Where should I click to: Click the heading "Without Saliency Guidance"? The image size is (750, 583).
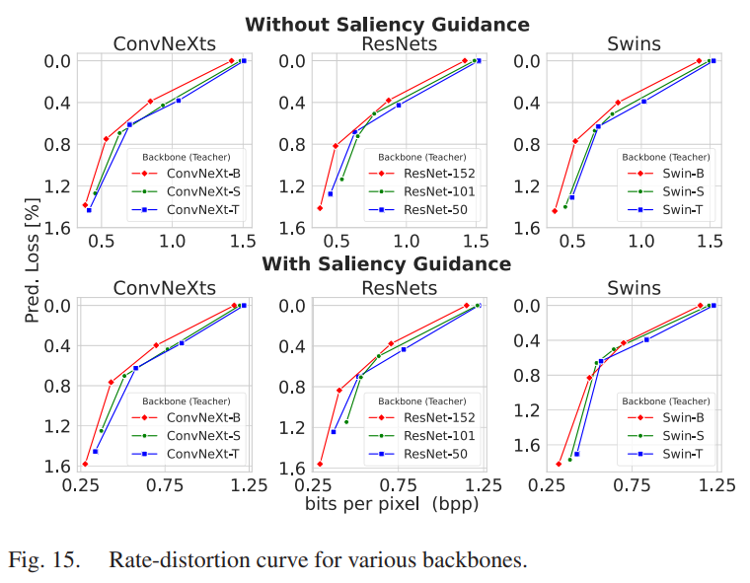(387, 25)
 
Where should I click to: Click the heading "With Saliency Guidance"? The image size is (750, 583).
(386, 264)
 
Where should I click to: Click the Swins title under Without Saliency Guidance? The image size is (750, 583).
(635, 44)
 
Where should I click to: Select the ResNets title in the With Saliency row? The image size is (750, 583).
(400, 287)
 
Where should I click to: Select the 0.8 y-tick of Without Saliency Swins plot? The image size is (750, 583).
(529, 145)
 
